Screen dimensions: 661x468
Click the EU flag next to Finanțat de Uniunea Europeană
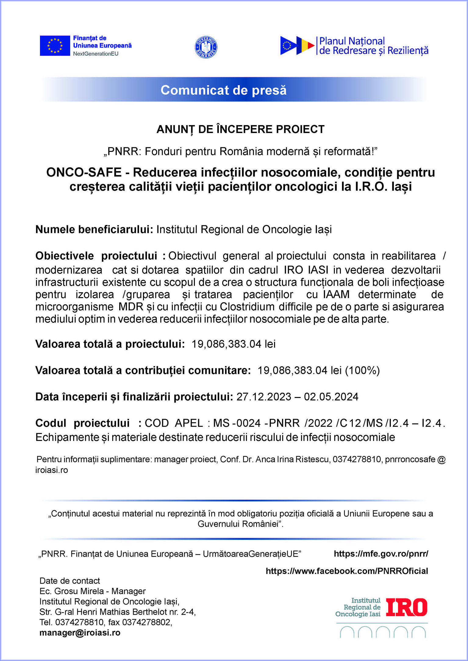click(55, 46)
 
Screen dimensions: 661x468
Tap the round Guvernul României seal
click(206, 47)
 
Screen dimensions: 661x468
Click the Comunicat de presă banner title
click(223, 90)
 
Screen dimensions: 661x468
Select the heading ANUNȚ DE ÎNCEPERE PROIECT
click(240, 129)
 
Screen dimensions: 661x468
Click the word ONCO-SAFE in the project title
click(84, 173)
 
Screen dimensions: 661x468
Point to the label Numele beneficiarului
click(94, 229)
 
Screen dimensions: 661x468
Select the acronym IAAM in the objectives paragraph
click(336, 294)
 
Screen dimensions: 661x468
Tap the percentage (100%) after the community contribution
click(362, 370)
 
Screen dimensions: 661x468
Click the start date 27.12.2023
click(264, 397)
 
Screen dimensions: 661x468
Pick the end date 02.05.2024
click(331, 397)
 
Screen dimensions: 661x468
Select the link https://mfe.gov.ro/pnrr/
click(381, 554)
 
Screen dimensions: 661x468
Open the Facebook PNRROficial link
click(347, 571)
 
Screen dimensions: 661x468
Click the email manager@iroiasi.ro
click(80, 633)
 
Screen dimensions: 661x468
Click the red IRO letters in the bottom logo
click(406, 607)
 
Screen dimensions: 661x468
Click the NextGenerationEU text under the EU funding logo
click(95, 54)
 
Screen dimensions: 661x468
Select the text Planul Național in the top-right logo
click(352, 41)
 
